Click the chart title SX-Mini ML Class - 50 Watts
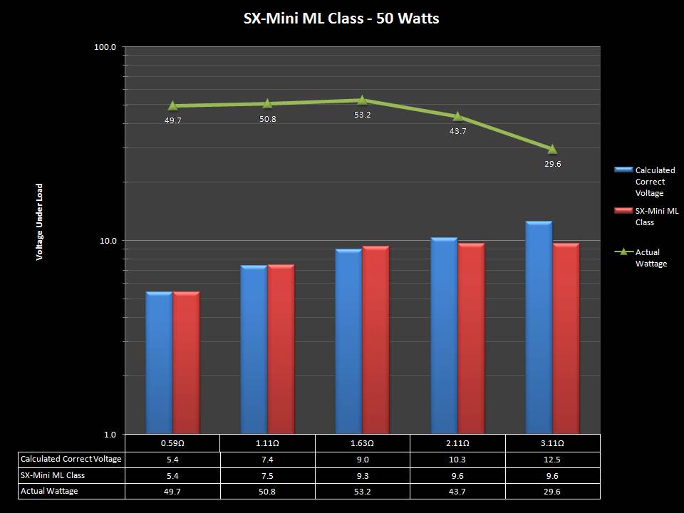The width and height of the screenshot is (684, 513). coord(341,19)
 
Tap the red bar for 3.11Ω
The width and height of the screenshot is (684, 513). coord(566,338)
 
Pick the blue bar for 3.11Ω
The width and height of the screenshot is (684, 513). coord(539,327)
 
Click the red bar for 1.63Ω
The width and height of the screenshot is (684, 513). coord(375,339)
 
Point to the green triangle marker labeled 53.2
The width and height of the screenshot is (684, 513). coord(362,100)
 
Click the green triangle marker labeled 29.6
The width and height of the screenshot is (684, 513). coord(551,148)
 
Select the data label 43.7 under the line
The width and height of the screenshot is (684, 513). coord(457,131)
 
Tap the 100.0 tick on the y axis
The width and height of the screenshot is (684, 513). coord(105,47)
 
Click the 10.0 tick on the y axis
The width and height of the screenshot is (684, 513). coord(106,241)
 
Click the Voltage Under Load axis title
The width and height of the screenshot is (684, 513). coord(40,222)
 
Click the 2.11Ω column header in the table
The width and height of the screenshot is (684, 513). coord(457,442)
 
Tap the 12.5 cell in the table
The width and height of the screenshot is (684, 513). coord(552,459)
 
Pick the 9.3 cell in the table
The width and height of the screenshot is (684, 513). coord(362,475)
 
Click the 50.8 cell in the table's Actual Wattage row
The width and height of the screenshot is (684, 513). coord(267,491)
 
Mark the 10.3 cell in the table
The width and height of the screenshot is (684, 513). coord(457,459)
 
